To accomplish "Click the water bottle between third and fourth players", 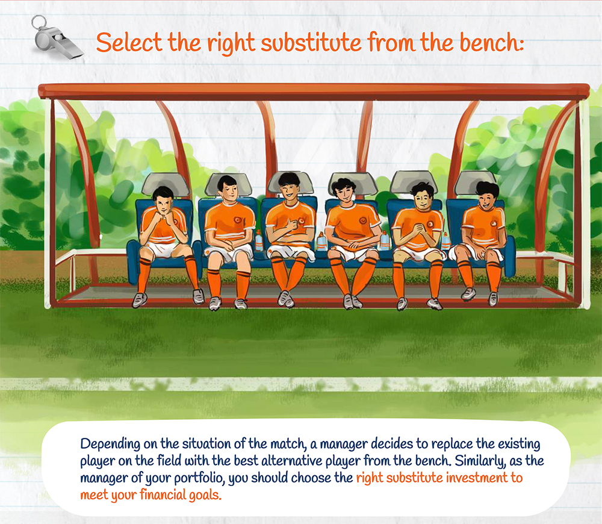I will point(322,242).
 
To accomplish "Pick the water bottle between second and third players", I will point(259,241).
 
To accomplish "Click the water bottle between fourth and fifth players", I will point(385,240).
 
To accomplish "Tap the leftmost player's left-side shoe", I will point(140,300).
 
